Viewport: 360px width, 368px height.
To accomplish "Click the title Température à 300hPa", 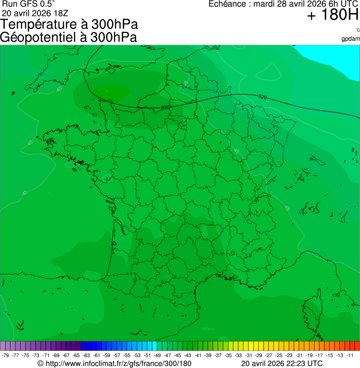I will click(x=69, y=24).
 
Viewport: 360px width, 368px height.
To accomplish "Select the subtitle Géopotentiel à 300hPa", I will click(x=68, y=37).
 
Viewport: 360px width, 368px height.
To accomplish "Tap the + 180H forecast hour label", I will click(x=332, y=16).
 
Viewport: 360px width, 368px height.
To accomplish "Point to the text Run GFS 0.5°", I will click(x=29, y=4).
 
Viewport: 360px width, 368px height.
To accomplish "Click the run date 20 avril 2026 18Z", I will click(x=35, y=12).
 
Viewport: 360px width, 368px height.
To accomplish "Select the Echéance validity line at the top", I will click(x=283, y=4).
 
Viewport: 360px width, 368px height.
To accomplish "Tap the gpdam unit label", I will click(x=351, y=38).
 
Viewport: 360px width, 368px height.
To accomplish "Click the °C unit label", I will click(x=357, y=30).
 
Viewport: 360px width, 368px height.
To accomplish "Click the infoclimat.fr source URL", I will click(x=119, y=363).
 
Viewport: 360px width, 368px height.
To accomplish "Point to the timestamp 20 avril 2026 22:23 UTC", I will click(x=282, y=363).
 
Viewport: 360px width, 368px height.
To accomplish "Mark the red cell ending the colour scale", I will click(x=357, y=346).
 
